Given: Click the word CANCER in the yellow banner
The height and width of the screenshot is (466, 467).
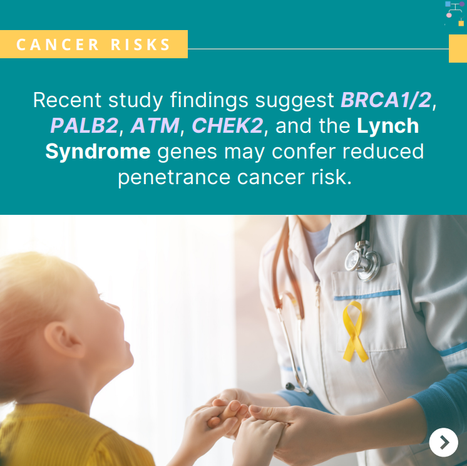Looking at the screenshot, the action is point(58,44).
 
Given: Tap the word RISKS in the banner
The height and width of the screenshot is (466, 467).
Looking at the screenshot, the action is point(140,44).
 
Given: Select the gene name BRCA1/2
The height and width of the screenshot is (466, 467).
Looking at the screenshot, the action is point(386,100).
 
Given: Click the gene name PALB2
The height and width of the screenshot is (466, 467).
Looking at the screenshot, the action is point(85,125).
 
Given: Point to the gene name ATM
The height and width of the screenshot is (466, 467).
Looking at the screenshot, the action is point(155,125).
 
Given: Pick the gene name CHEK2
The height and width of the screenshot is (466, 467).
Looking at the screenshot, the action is point(227,125).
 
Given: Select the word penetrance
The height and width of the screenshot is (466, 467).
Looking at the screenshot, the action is point(174,178).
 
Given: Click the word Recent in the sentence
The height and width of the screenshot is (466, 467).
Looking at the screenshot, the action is point(68,100).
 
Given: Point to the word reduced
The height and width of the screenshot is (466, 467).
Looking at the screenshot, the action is point(383,151).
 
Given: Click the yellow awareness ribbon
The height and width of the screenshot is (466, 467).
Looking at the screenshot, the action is point(354,331).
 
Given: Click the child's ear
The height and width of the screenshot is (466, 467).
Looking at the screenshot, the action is point(63,339).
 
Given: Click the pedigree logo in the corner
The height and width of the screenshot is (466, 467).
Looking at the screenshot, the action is point(454,13).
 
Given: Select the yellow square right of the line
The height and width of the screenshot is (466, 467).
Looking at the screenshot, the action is point(458,49).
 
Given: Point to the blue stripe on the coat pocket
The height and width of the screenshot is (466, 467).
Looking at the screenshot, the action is point(367,295).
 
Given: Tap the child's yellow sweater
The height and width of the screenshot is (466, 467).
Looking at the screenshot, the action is point(68,436).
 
